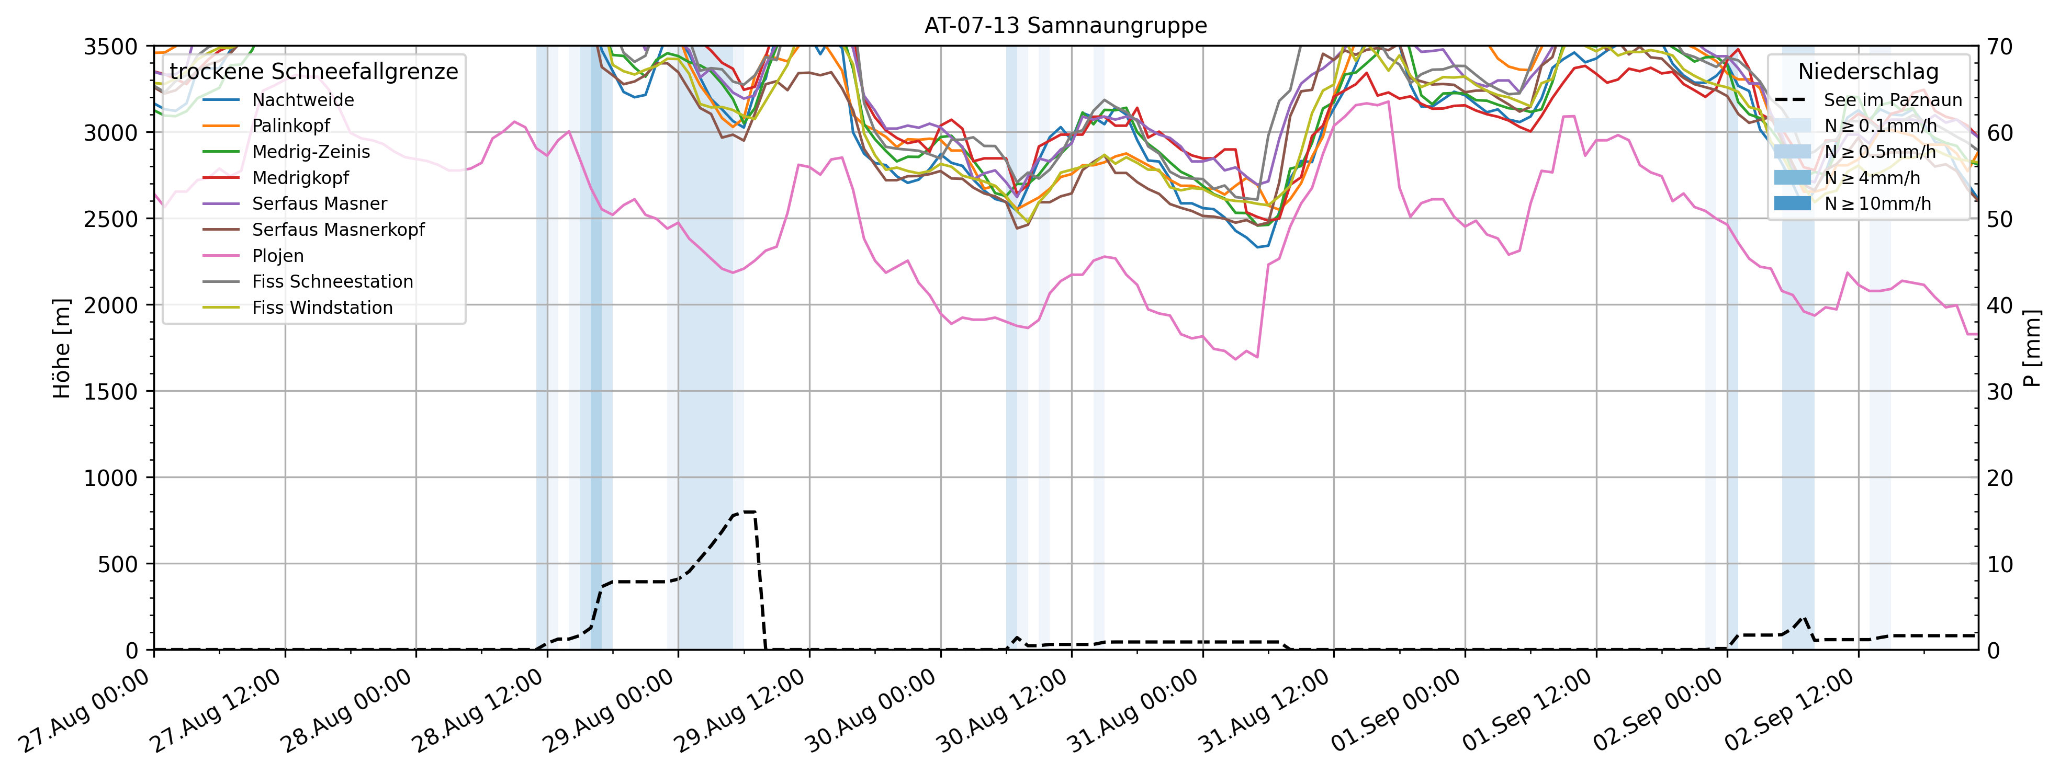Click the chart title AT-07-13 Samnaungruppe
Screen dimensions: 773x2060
tap(1065, 26)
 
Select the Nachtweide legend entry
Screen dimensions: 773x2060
tap(302, 100)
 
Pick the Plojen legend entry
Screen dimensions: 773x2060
tap(277, 256)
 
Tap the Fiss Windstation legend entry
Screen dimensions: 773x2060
tap(321, 308)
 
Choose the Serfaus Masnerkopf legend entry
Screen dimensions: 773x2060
tap(337, 230)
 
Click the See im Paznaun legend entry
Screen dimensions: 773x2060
tap(1892, 100)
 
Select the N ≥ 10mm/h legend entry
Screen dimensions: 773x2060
tap(1877, 204)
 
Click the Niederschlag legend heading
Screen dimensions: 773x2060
tap(1868, 72)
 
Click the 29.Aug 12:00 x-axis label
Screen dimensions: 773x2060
tap(740, 711)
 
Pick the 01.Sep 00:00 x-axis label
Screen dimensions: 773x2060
tap(1395, 711)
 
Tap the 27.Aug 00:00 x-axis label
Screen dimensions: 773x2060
tap(84, 711)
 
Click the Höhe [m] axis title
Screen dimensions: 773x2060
tap(62, 348)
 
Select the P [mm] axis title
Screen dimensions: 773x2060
tap(2032, 348)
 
